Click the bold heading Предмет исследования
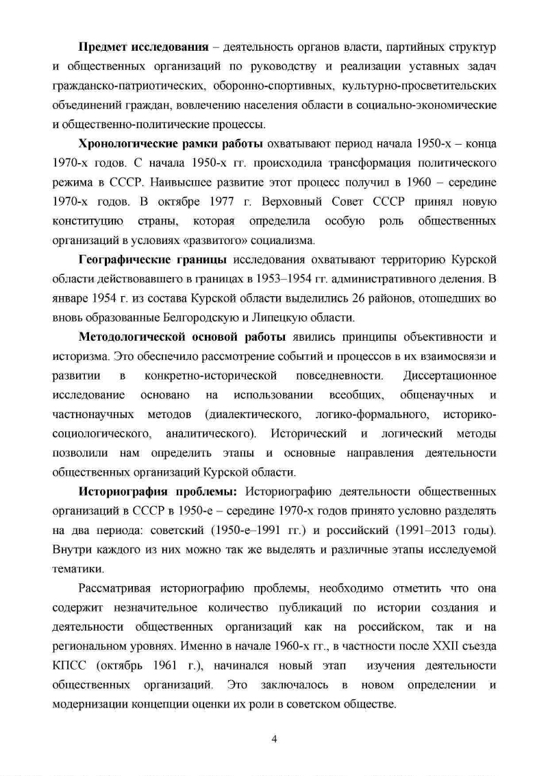144,49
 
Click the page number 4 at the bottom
274,739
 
